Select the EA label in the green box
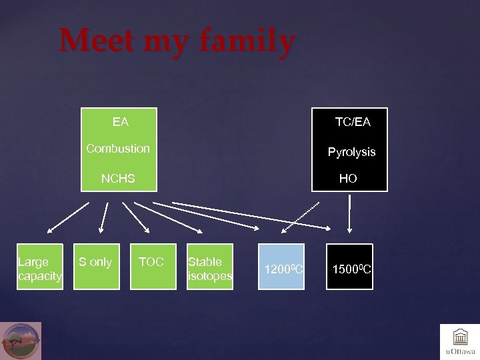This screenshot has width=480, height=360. pos(121,122)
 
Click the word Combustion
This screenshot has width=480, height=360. pos(118,148)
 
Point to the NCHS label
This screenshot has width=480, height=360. pos(118,178)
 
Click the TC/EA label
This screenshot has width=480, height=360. pos(353,122)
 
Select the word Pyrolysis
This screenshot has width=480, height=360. pos(351,152)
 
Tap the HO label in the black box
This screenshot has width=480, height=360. pos(348,178)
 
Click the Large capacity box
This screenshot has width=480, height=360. pos(40,269)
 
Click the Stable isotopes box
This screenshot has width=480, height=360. pos(209,269)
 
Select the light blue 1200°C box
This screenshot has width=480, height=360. pos(281,267)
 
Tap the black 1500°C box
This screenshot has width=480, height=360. pos(349,267)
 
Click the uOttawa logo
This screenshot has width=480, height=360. pos(459,341)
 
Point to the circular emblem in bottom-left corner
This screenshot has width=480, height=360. pos(21,341)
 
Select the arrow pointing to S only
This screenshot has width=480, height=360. pos(103,219)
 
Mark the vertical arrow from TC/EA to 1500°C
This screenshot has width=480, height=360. pos(349,213)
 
